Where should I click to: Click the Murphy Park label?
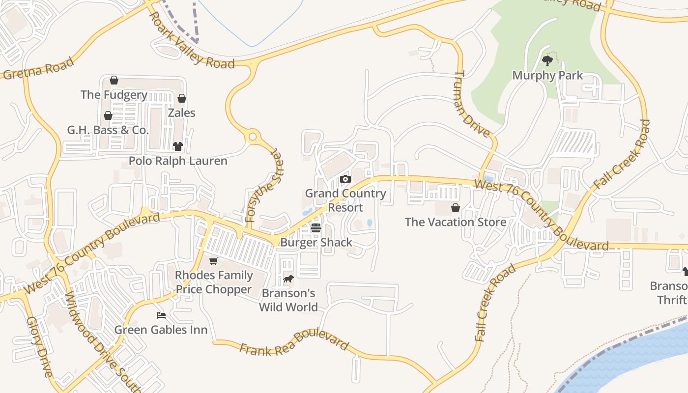point(547,75)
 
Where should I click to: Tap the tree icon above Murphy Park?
point(547,61)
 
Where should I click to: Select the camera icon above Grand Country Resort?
point(345,179)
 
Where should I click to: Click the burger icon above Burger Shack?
point(316,228)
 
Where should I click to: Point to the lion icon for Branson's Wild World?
point(288,279)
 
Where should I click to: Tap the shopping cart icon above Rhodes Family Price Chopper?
point(214,261)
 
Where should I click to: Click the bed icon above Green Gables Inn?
point(161,315)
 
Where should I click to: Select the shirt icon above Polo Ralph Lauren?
point(178,146)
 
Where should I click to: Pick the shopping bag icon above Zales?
point(182,98)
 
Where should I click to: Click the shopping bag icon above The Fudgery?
point(114,80)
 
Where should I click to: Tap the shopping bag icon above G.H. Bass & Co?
point(108,115)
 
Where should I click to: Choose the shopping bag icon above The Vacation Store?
point(456,208)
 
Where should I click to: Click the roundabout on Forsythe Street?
point(253,137)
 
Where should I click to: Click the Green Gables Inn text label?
point(161,329)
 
